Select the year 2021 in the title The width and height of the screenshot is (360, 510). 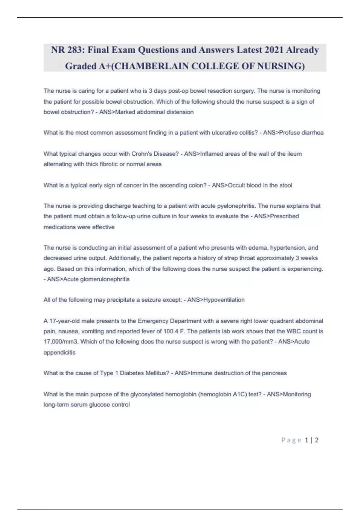[x=274, y=49]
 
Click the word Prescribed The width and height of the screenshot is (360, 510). [x=284, y=216]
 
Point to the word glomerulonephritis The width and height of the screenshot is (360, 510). [x=105, y=279]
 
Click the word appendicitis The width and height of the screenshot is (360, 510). [x=59, y=352]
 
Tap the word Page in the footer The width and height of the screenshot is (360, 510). [x=291, y=440]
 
